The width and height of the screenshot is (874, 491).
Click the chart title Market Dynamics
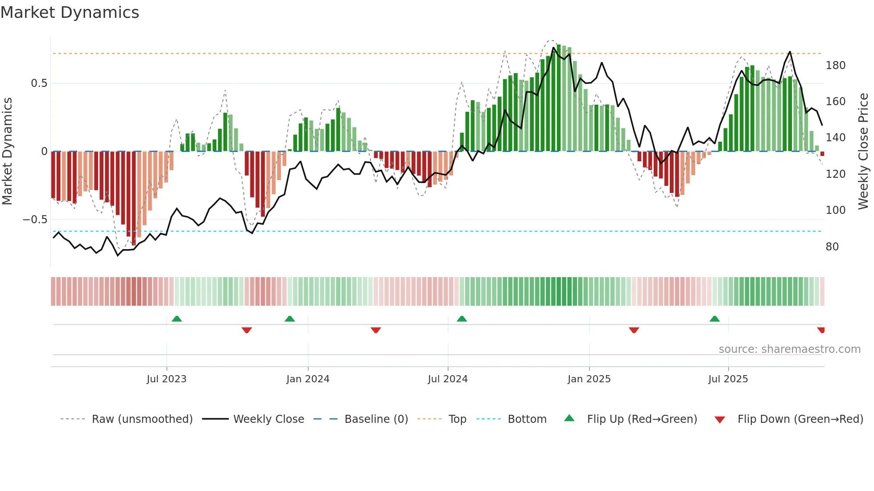pos(70,12)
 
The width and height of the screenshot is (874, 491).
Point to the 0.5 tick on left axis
pos(39,83)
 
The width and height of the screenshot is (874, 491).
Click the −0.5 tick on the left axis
pos(35,220)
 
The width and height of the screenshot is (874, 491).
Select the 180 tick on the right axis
pos(835,65)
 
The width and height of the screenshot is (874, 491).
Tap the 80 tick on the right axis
pos(832,247)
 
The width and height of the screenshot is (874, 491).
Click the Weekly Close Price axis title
pos(863,151)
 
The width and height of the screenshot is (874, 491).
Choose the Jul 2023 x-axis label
pos(166,379)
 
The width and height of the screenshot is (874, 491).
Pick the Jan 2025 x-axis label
pos(589,379)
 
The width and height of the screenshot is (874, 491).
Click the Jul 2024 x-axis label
pos(447,379)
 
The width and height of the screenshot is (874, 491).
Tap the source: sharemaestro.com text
pos(789,349)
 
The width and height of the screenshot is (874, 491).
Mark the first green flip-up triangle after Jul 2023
pos(177,319)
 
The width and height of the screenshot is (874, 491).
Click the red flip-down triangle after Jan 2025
pos(634,330)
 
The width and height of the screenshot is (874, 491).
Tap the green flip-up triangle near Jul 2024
pos(462,319)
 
